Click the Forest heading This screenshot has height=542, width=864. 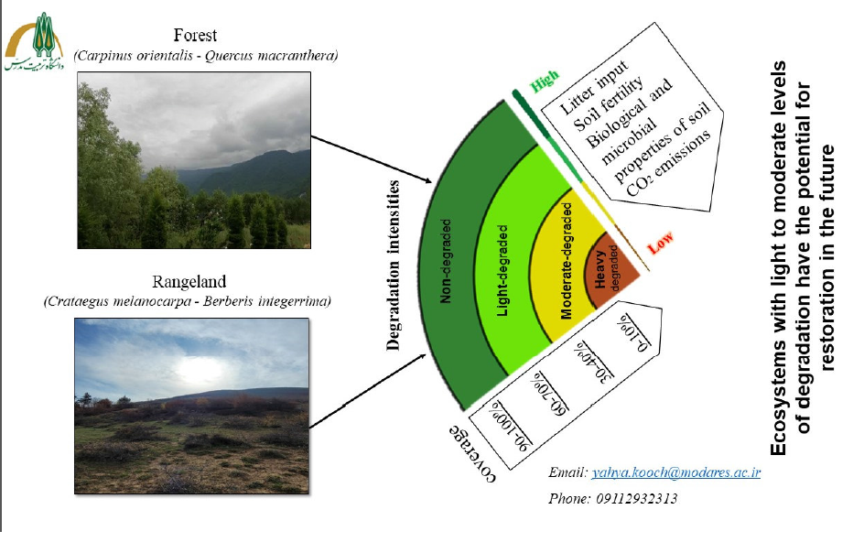[x=200, y=37]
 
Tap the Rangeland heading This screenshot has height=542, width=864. [x=199, y=281]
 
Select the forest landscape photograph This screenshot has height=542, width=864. [x=194, y=164]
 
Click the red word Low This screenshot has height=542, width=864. [x=660, y=244]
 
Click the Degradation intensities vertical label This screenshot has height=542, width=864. [x=394, y=266]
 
